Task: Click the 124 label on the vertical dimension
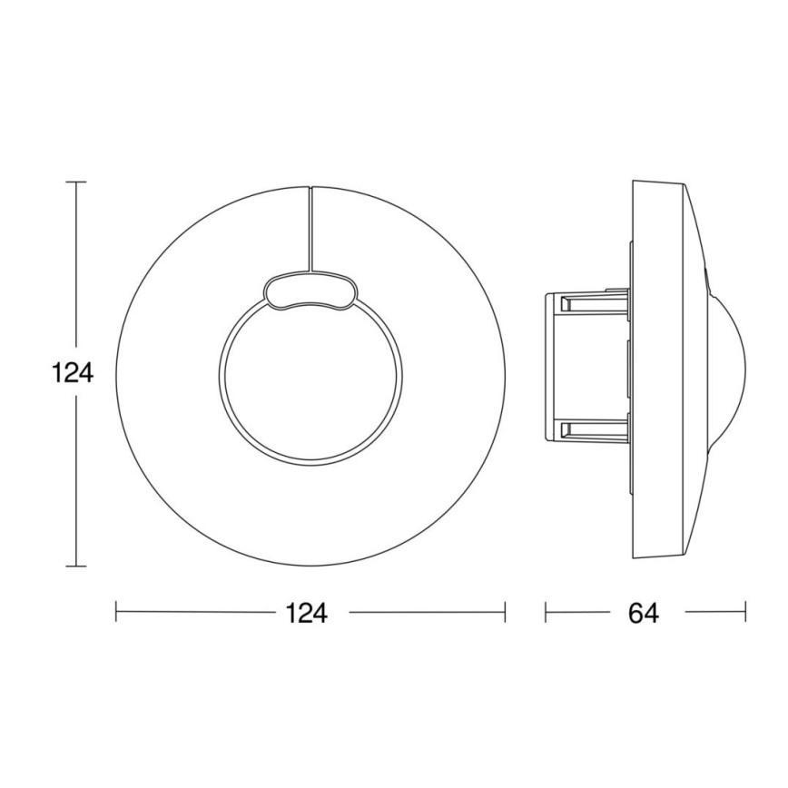click(x=73, y=373)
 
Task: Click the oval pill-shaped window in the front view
click(x=309, y=291)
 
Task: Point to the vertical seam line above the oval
click(x=310, y=227)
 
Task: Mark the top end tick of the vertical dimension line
click(x=76, y=182)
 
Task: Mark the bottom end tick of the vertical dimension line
click(x=76, y=566)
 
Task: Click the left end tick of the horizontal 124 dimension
click(x=117, y=612)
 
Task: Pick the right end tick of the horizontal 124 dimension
click(x=504, y=612)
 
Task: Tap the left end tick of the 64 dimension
click(x=546, y=612)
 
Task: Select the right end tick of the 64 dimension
click(x=745, y=612)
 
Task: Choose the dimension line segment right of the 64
click(x=714, y=612)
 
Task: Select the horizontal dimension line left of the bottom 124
click(x=195, y=612)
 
